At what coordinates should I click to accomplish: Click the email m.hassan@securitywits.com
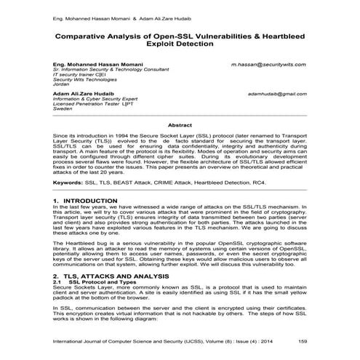point(268,64)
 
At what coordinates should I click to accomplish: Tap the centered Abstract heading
point(180,125)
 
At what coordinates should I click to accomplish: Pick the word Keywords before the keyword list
point(68,182)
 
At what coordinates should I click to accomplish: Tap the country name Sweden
point(63,111)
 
